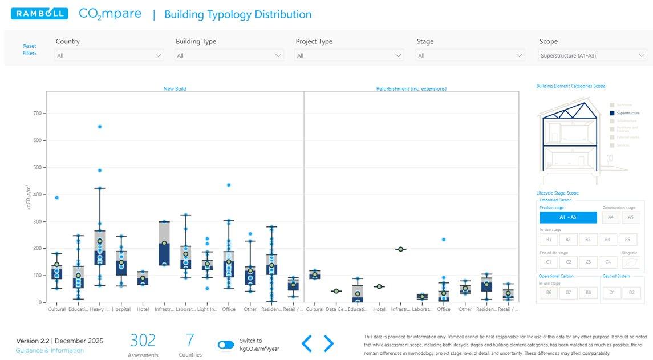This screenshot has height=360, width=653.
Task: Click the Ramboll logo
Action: [39, 14]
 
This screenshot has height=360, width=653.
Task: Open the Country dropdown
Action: [109, 55]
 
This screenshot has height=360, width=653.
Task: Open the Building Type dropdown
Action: [229, 55]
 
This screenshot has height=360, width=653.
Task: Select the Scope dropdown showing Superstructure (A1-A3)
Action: [593, 55]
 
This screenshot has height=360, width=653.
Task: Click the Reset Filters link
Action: [30, 50]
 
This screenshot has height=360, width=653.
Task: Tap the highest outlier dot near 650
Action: [100, 127]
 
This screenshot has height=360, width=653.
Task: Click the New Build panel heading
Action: [175, 89]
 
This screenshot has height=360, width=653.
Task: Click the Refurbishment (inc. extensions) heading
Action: [411, 89]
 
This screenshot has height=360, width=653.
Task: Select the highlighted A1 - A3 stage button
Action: [568, 217]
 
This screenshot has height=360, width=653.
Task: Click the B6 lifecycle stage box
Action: [548, 293]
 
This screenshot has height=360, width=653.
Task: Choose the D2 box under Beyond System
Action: [631, 293]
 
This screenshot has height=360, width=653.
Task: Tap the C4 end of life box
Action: [607, 262]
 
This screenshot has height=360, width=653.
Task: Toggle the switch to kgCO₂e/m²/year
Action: [226, 345]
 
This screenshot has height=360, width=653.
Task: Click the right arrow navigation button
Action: [328, 343]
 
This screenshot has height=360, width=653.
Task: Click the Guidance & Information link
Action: [50, 350]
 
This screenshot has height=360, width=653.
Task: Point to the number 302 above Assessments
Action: [143, 341]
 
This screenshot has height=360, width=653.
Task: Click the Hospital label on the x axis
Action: [121, 309]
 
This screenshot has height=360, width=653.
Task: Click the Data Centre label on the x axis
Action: [335, 309]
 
